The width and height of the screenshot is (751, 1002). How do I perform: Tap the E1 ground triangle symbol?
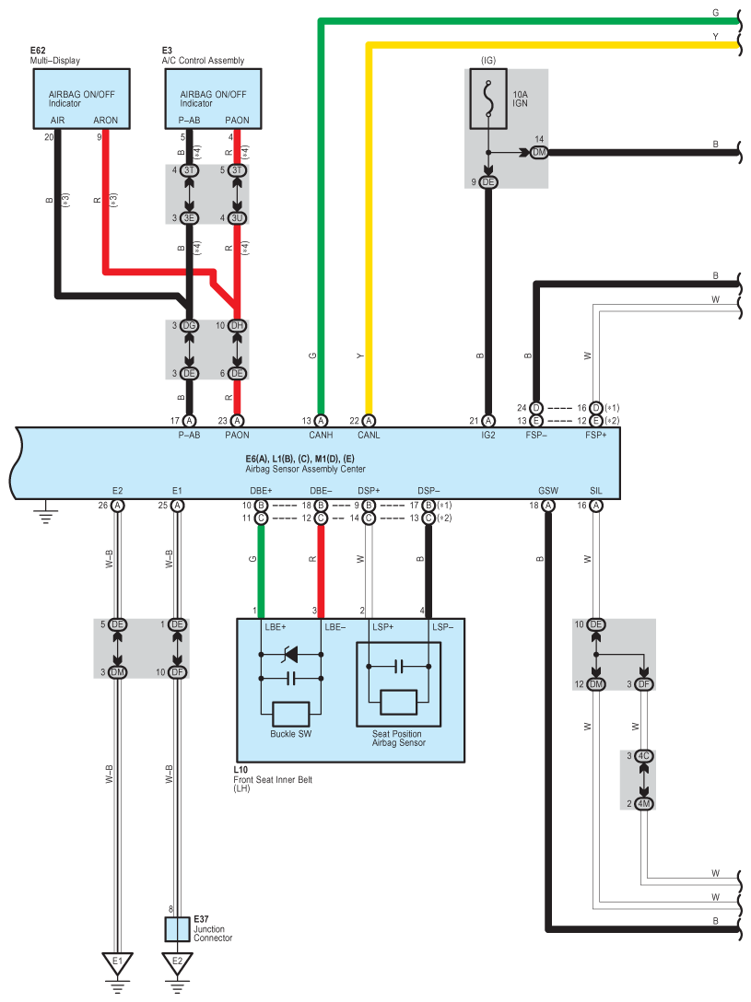click(x=117, y=964)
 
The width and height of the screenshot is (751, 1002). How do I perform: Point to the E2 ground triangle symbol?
click(x=177, y=964)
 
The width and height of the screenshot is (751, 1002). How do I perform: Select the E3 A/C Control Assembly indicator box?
click(x=214, y=99)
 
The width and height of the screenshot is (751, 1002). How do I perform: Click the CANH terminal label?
click(x=320, y=436)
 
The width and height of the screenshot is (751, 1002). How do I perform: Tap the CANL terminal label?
click(x=369, y=436)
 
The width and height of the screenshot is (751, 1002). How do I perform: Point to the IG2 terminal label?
click(x=488, y=436)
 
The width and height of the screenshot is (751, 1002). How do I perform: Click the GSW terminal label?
click(x=547, y=491)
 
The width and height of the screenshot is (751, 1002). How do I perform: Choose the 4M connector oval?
click(x=644, y=804)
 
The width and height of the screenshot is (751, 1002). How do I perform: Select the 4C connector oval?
click(x=644, y=756)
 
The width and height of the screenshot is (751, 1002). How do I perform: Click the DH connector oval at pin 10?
click(x=238, y=325)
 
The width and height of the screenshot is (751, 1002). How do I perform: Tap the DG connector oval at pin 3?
click(x=189, y=325)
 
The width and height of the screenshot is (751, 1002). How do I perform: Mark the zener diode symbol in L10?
click(x=291, y=656)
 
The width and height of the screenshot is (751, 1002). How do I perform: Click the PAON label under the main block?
click(x=237, y=436)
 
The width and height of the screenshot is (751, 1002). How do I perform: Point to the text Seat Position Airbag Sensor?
click(x=399, y=739)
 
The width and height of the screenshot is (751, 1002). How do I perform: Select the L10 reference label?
click(x=241, y=769)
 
